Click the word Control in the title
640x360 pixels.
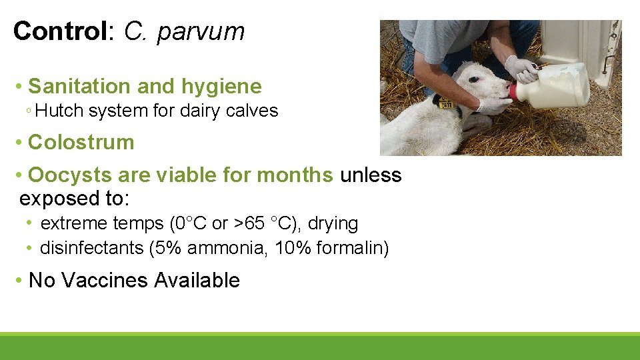coord(59,31)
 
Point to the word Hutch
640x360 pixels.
coord(55,111)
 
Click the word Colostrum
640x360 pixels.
coord(81,142)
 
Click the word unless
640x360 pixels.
coord(371,175)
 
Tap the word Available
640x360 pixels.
coord(197,280)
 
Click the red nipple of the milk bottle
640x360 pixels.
coord(512,91)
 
